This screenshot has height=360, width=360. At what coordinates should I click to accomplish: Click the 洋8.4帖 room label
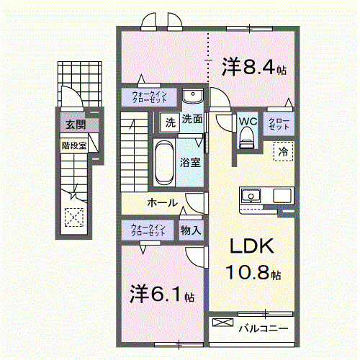tap(254, 68)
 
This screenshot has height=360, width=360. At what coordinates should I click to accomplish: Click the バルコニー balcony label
tap(263, 328)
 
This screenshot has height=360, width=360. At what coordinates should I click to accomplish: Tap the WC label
tap(247, 121)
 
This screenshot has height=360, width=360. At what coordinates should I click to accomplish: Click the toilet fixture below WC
tap(247, 137)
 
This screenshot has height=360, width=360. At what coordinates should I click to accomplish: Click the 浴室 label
tap(191, 162)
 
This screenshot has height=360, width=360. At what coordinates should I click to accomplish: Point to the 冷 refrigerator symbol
tap(284, 151)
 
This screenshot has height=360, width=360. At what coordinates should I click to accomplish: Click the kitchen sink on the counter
tap(252, 194)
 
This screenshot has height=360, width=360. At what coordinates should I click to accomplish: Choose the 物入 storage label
tap(191, 230)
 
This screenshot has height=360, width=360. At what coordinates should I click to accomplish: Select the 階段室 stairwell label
tap(74, 143)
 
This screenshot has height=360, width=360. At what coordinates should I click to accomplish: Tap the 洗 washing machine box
tap(169, 122)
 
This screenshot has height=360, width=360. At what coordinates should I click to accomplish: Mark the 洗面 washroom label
tap(192, 119)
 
